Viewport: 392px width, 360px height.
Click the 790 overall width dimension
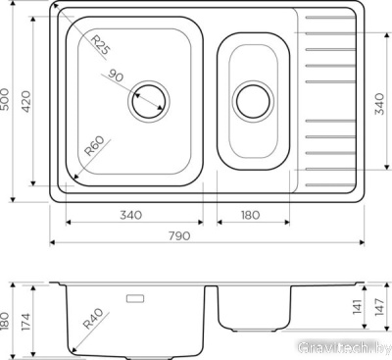pos(179,235)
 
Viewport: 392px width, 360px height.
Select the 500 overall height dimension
pos(6,99)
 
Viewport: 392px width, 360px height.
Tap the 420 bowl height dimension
pos(25,101)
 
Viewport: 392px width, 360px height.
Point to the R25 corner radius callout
pos(101,45)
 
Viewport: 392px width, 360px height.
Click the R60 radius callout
pos(94,146)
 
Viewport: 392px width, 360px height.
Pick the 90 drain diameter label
pos(116,76)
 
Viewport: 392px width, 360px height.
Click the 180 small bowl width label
pos(251,215)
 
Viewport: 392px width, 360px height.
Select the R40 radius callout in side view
pos(93,319)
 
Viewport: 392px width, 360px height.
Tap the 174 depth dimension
pos(25,322)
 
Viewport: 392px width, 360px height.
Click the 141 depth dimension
pos(358,307)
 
